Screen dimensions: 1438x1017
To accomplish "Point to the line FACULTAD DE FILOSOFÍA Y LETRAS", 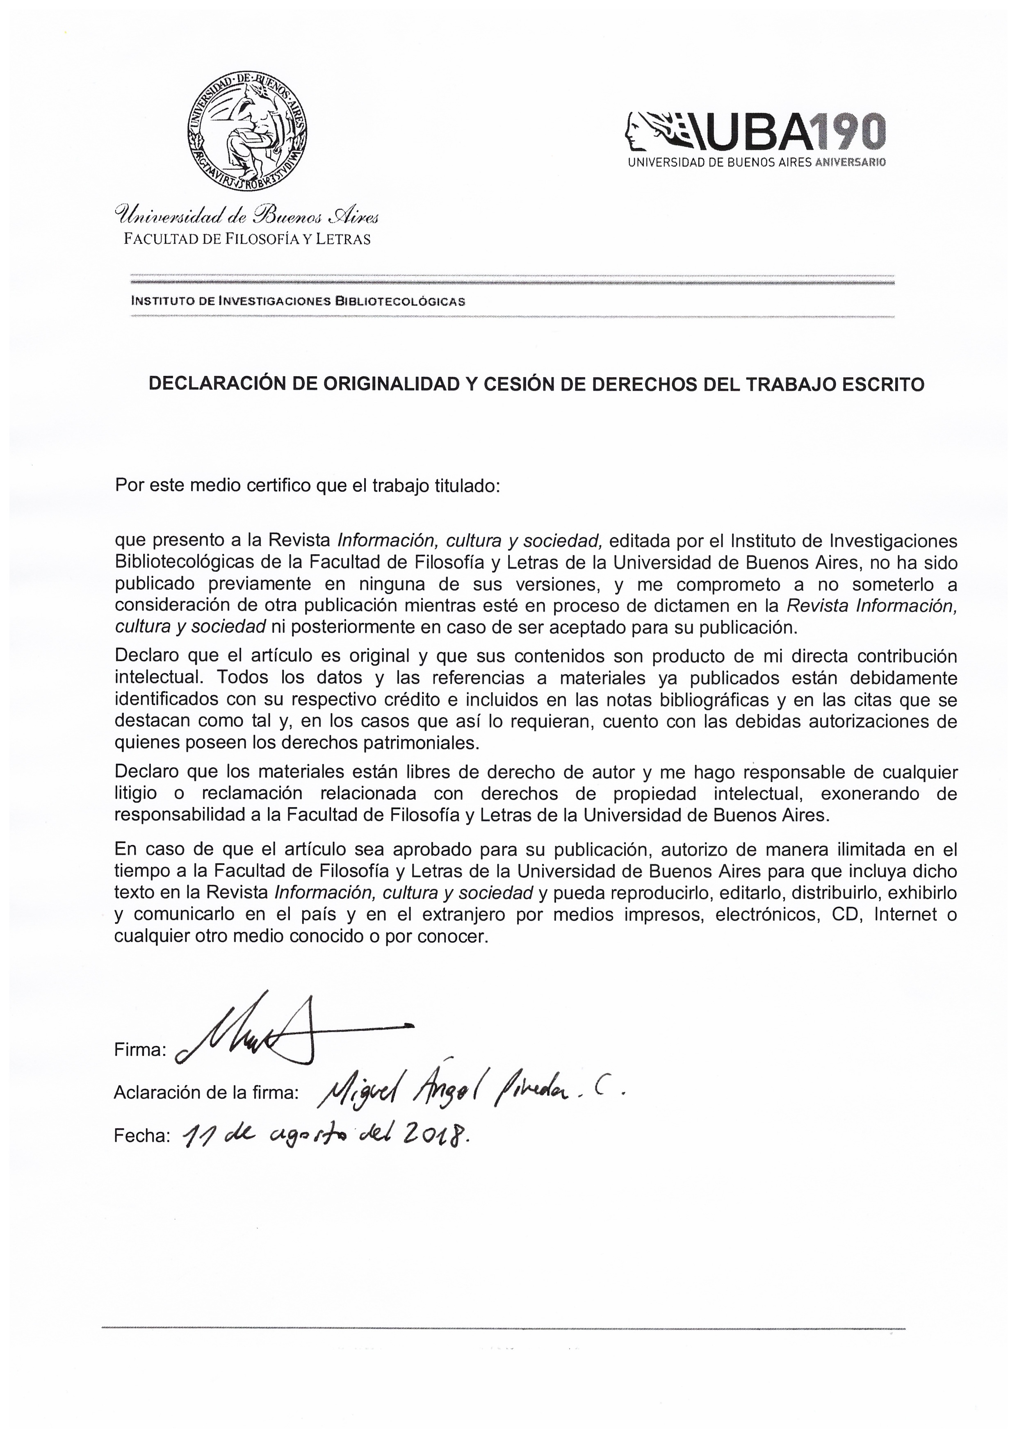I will click(247, 239).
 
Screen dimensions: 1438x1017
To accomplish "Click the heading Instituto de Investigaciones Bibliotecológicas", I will click(298, 300).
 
